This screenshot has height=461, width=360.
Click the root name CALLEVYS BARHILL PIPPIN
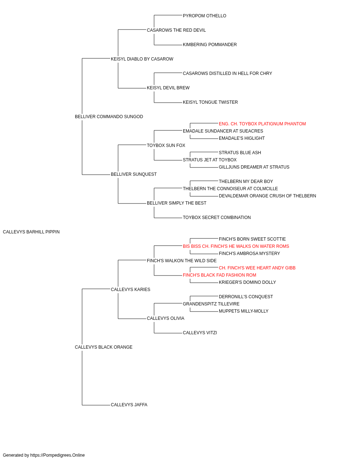(31, 232)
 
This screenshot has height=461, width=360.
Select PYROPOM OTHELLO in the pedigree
(204, 16)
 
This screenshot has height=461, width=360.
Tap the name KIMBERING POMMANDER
(210, 45)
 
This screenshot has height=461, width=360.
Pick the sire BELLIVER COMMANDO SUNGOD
(109, 117)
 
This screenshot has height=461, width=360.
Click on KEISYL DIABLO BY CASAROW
(142, 59)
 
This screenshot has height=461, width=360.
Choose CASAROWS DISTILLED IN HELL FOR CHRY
(227, 73)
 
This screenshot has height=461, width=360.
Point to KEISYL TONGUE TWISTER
(210, 102)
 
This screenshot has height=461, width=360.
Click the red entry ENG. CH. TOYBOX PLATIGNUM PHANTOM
(262, 124)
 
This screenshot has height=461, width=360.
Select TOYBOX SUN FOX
(166, 146)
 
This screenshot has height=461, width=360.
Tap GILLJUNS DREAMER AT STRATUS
(254, 167)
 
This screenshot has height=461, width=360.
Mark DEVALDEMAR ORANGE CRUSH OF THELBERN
(267, 196)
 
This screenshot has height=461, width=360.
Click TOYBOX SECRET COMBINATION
(217, 218)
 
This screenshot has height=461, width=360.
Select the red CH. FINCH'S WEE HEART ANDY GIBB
(257, 268)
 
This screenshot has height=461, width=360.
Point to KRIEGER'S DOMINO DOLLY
(247, 282)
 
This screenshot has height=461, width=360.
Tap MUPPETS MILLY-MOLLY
(243, 311)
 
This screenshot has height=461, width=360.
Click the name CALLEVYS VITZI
(200, 333)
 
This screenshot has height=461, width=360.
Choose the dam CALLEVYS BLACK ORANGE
(103, 347)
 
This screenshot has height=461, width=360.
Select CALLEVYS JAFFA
(129, 405)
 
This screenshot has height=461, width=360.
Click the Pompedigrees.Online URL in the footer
(57, 455)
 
